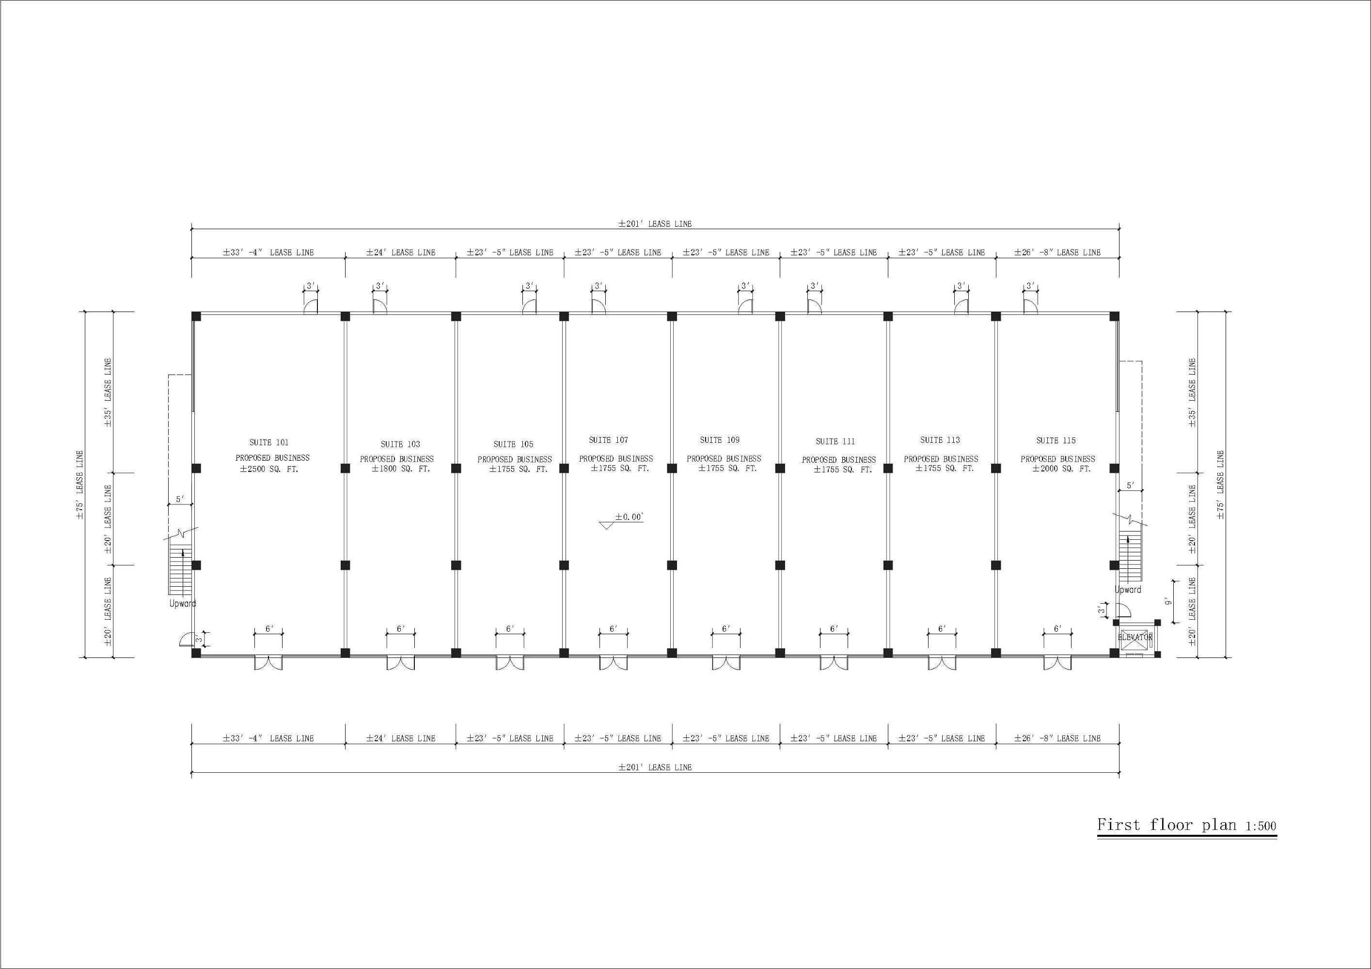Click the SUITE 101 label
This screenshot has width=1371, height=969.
[x=268, y=442]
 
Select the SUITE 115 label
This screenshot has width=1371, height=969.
[x=1056, y=440]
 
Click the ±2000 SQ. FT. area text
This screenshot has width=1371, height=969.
[x=1061, y=469]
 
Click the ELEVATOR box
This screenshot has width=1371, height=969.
[x=1135, y=638]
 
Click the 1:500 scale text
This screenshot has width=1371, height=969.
[x=1261, y=826]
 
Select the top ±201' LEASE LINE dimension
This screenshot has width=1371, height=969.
[x=655, y=224]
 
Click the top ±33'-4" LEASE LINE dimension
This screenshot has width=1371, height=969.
[x=268, y=252]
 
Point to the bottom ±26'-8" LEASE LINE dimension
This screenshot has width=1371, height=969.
[x=1057, y=738]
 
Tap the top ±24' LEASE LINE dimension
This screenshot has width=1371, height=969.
[x=401, y=252]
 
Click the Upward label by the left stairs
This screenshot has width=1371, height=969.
[x=182, y=603]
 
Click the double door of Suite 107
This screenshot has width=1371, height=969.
[x=613, y=662]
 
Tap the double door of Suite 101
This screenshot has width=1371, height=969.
[x=268, y=662]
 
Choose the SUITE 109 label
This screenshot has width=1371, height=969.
[x=720, y=440]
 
